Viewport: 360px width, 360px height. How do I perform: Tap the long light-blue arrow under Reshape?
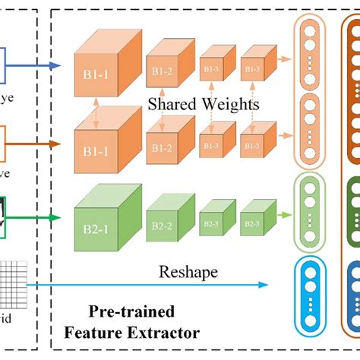[152, 285]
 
